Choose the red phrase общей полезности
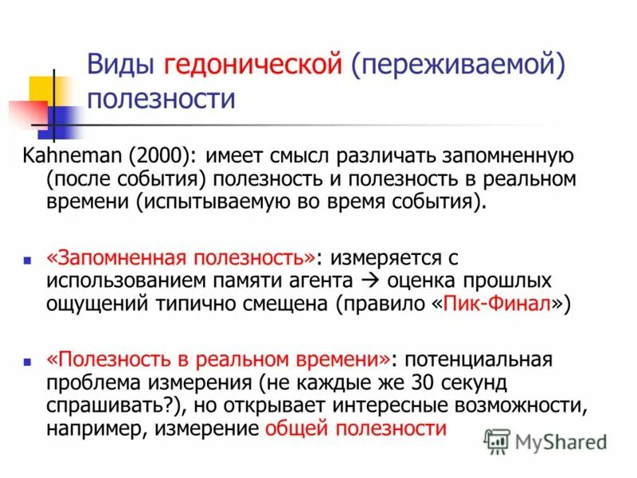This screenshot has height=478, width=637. (355, 428)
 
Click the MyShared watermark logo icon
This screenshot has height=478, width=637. (498, 441)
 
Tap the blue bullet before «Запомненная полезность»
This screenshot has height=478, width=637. (26, 261)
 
